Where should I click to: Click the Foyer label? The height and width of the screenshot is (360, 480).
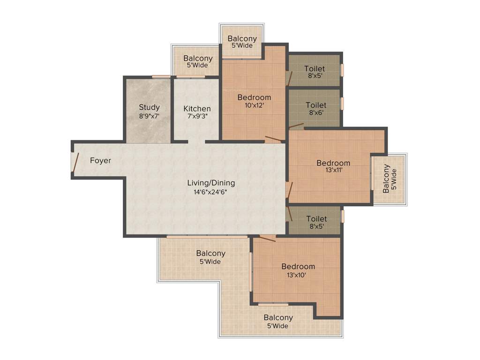[101, 161]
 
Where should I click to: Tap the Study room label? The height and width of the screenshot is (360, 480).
[149, 107]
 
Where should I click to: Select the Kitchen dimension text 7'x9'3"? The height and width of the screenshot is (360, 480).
[197, 116]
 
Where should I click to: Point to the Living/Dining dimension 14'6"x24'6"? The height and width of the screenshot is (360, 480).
[211, 191]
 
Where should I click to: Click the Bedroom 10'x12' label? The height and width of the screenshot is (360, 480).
[254, 97]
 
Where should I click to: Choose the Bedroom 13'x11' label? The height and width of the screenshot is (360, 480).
[333, 163]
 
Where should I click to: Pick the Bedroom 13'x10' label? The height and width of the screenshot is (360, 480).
[298, 267]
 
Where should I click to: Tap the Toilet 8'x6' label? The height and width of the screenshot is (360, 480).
[316, 105]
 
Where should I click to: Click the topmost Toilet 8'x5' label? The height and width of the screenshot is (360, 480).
[314, 69]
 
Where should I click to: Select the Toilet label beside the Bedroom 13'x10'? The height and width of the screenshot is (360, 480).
[316, 219]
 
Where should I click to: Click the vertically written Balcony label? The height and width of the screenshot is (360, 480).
[386, 179]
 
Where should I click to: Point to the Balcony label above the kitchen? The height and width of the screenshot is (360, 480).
[198, 59]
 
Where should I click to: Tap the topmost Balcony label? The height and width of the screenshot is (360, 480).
[242, 39]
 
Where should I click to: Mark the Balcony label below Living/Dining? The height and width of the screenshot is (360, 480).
[211, 254]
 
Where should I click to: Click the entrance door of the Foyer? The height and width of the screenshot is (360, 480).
[74, 161]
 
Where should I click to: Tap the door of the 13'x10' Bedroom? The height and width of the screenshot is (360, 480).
[267, 239]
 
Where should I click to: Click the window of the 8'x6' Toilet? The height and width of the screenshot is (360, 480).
[343, 103]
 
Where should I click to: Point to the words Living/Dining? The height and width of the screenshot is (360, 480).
[211, 183]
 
